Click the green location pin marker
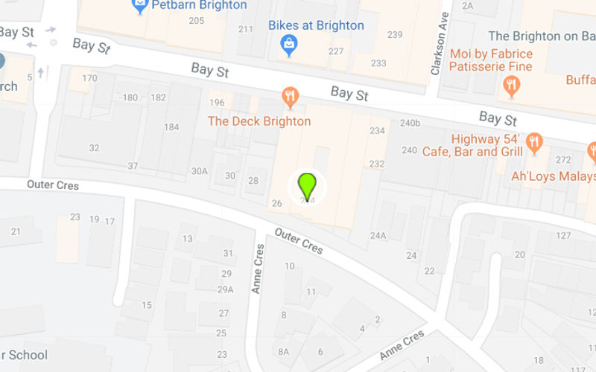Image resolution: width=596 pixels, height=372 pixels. click(307, 185)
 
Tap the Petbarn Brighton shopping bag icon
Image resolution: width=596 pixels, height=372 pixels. click(139, 7)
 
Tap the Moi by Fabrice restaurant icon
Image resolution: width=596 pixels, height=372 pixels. click(510, 86)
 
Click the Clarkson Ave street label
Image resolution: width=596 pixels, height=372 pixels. click(438, 44)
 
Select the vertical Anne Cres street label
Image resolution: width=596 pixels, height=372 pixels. click(258, 269)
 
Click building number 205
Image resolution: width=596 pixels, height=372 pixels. click(197, 20)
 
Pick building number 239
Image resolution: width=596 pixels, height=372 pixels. click(395, 34)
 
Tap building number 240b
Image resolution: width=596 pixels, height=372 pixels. click(410, 123)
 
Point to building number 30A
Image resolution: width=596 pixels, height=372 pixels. click(199, 171)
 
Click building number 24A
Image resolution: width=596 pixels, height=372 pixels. click(378, 236)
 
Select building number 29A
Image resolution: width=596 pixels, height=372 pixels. click(226, 289)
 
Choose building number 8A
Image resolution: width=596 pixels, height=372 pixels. click(283, 352)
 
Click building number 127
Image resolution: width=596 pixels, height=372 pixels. click(563, 236)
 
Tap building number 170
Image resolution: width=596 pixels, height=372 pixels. click(89, 78)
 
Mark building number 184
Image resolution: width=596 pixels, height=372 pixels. click(171, 127)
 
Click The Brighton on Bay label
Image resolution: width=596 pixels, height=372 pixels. click(541, 36)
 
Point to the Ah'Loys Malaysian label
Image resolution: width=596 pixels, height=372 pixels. click(553, 176)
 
